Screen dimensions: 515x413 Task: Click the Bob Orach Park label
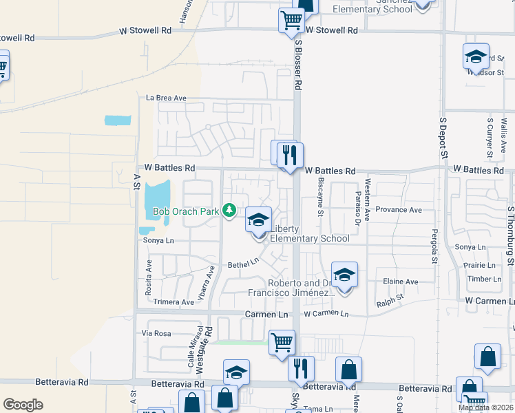pyautogui.click(x=184, y=212)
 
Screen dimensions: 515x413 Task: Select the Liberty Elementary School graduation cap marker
pyautogui.click(x=259, y=221)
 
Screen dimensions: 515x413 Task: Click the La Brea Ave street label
pyautogui.click(x=166, y=98)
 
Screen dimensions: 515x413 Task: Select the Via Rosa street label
pyautogui.click(x=156, y=333)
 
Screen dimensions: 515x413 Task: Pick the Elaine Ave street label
pyautogui.click(x=401, y=282)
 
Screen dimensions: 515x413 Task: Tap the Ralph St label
pyautogui.click(x=390, y=300)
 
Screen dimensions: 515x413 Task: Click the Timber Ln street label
pyautogui.click(x=483, y=279)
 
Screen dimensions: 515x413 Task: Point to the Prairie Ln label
pyautogui.click(x=480, y=265)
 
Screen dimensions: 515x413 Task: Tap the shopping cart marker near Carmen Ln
pyautogui.click(x=282, y=342)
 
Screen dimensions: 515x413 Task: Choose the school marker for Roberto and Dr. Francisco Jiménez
pyautogui.click(x=344, y=275)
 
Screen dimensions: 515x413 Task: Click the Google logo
pyautogui.click(x=23, y=404)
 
